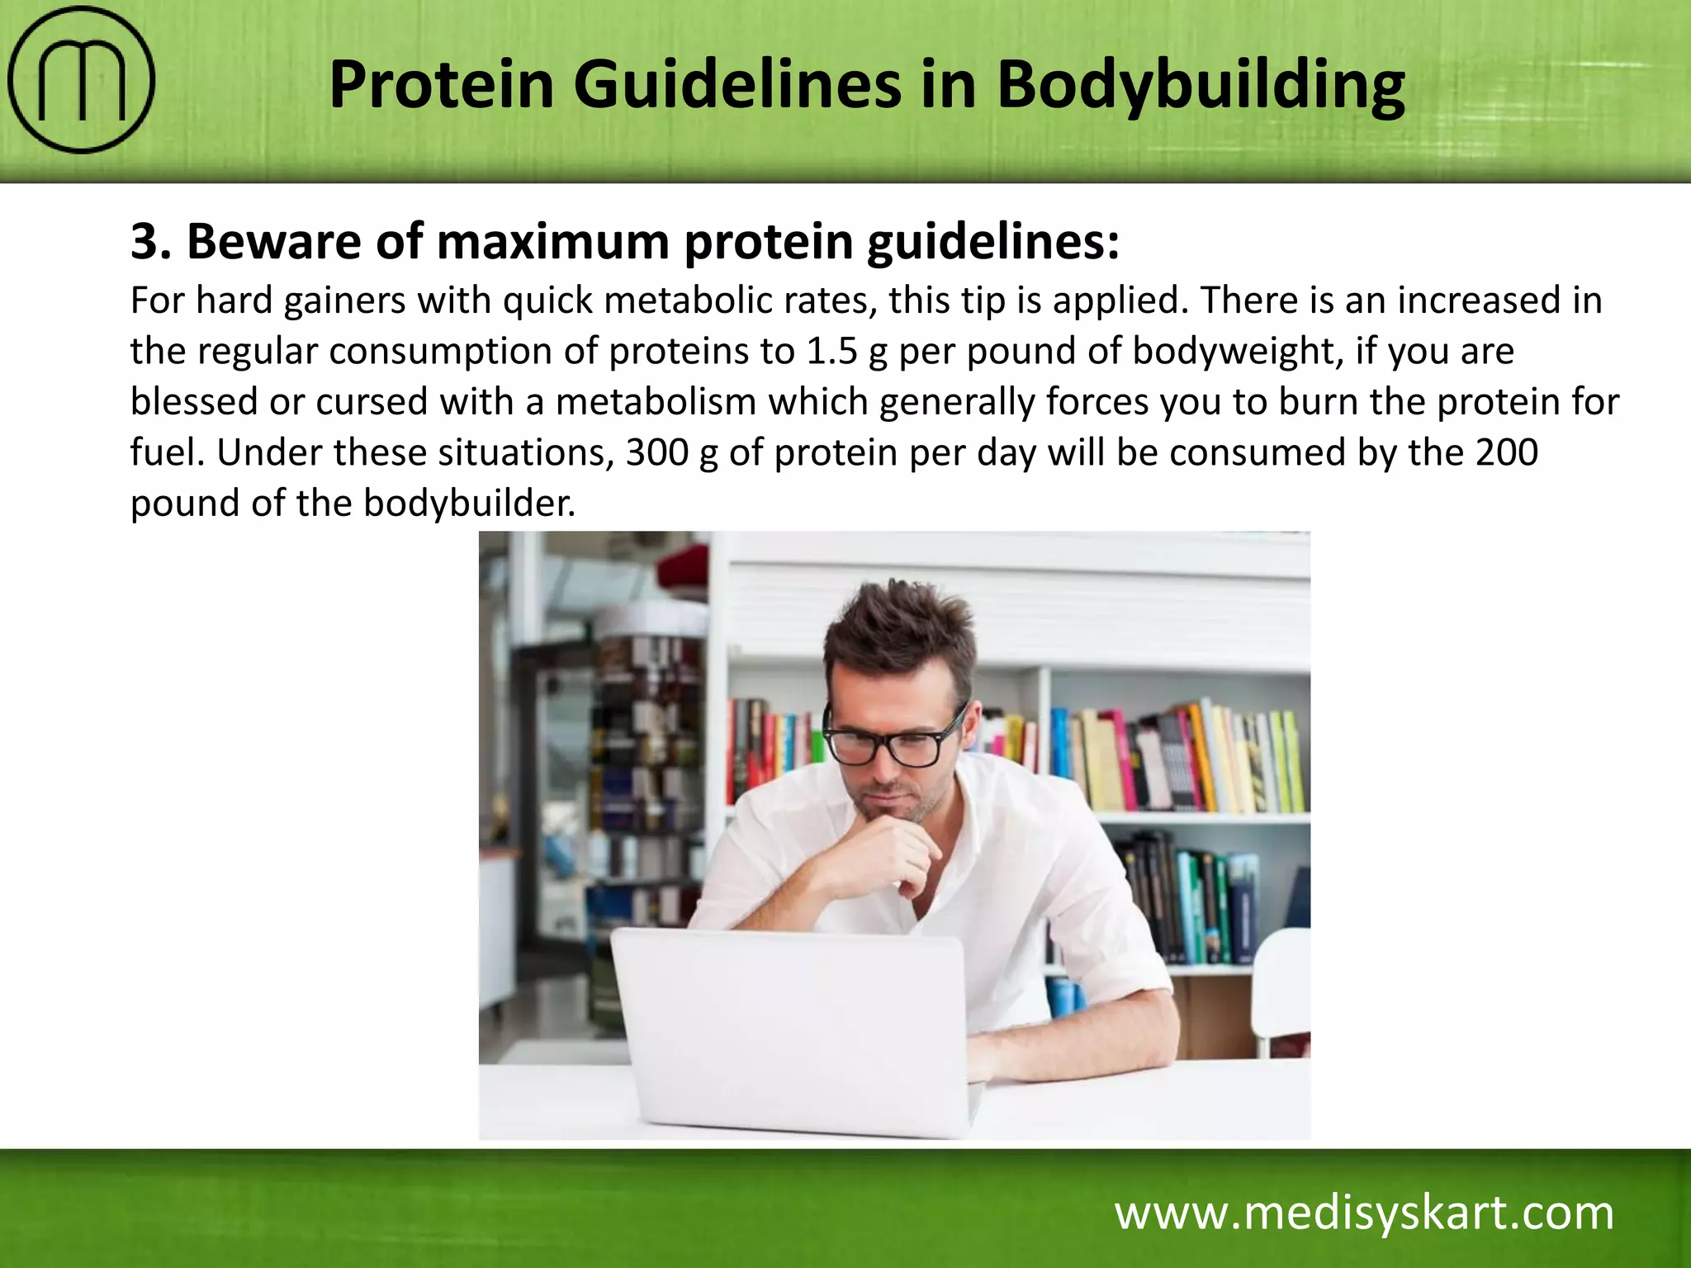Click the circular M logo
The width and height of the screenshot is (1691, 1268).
click(81, 80)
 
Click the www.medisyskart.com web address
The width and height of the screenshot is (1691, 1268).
click(1364, 1214)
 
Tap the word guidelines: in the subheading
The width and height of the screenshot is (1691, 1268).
click(992, 243)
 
